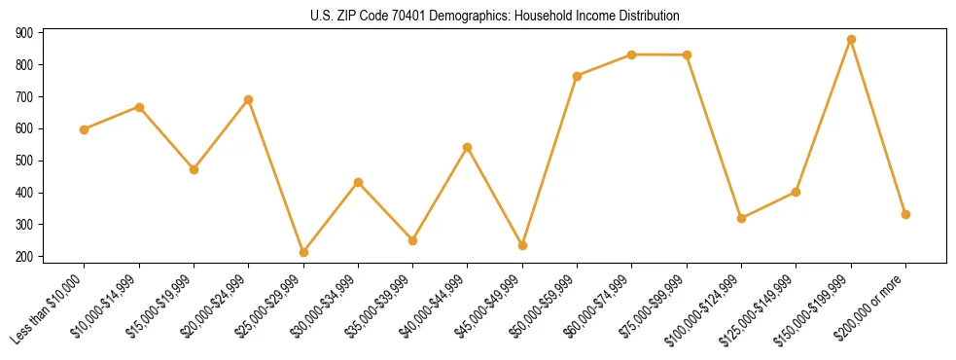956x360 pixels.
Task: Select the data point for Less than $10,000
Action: [85, 129]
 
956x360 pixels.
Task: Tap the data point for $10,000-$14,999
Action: [139, 107]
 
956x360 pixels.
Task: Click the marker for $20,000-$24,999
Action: [249, 99]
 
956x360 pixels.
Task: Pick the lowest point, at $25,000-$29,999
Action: [303, 253]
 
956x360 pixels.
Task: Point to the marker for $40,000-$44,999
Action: [468, 147]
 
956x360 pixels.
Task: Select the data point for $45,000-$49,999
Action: [522, 245]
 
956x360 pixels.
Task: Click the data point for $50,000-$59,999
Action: [578, 76]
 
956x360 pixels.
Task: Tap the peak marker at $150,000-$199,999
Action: [851, 40]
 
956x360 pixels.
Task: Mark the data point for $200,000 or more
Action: [905, 214]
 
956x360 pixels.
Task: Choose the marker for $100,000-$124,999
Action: [741, 218]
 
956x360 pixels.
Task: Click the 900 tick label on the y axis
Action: [24, 33]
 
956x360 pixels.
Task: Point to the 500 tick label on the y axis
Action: [24, 161]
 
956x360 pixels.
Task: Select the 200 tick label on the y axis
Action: [24, 257]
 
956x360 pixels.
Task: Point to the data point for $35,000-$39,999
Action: [413, 240]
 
